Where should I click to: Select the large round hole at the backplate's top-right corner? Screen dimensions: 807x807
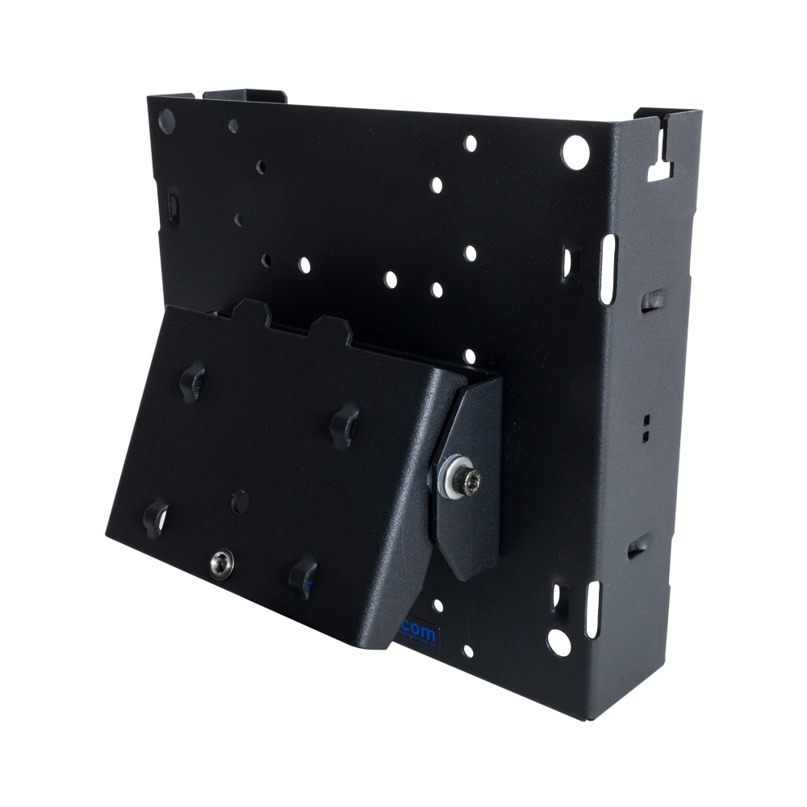(x=575, y=152)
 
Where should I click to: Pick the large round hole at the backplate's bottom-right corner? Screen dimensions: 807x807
(x=558, y=642)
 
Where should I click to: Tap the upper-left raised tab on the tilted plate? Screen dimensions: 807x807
(x=194, y=378)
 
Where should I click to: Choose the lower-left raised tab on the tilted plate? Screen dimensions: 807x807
(x=154, y=515)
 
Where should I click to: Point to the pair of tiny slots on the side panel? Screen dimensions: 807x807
(x=646, y=428)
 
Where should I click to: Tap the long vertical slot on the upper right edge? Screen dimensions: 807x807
(x=607, y=269)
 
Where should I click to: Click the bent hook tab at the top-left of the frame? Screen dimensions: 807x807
(x=245, y=96)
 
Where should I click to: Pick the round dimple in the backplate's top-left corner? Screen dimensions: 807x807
(x=167, y=121)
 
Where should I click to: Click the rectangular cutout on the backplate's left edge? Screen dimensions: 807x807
(x=172, y=205)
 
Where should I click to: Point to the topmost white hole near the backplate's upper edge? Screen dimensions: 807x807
(x=470, y=144)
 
